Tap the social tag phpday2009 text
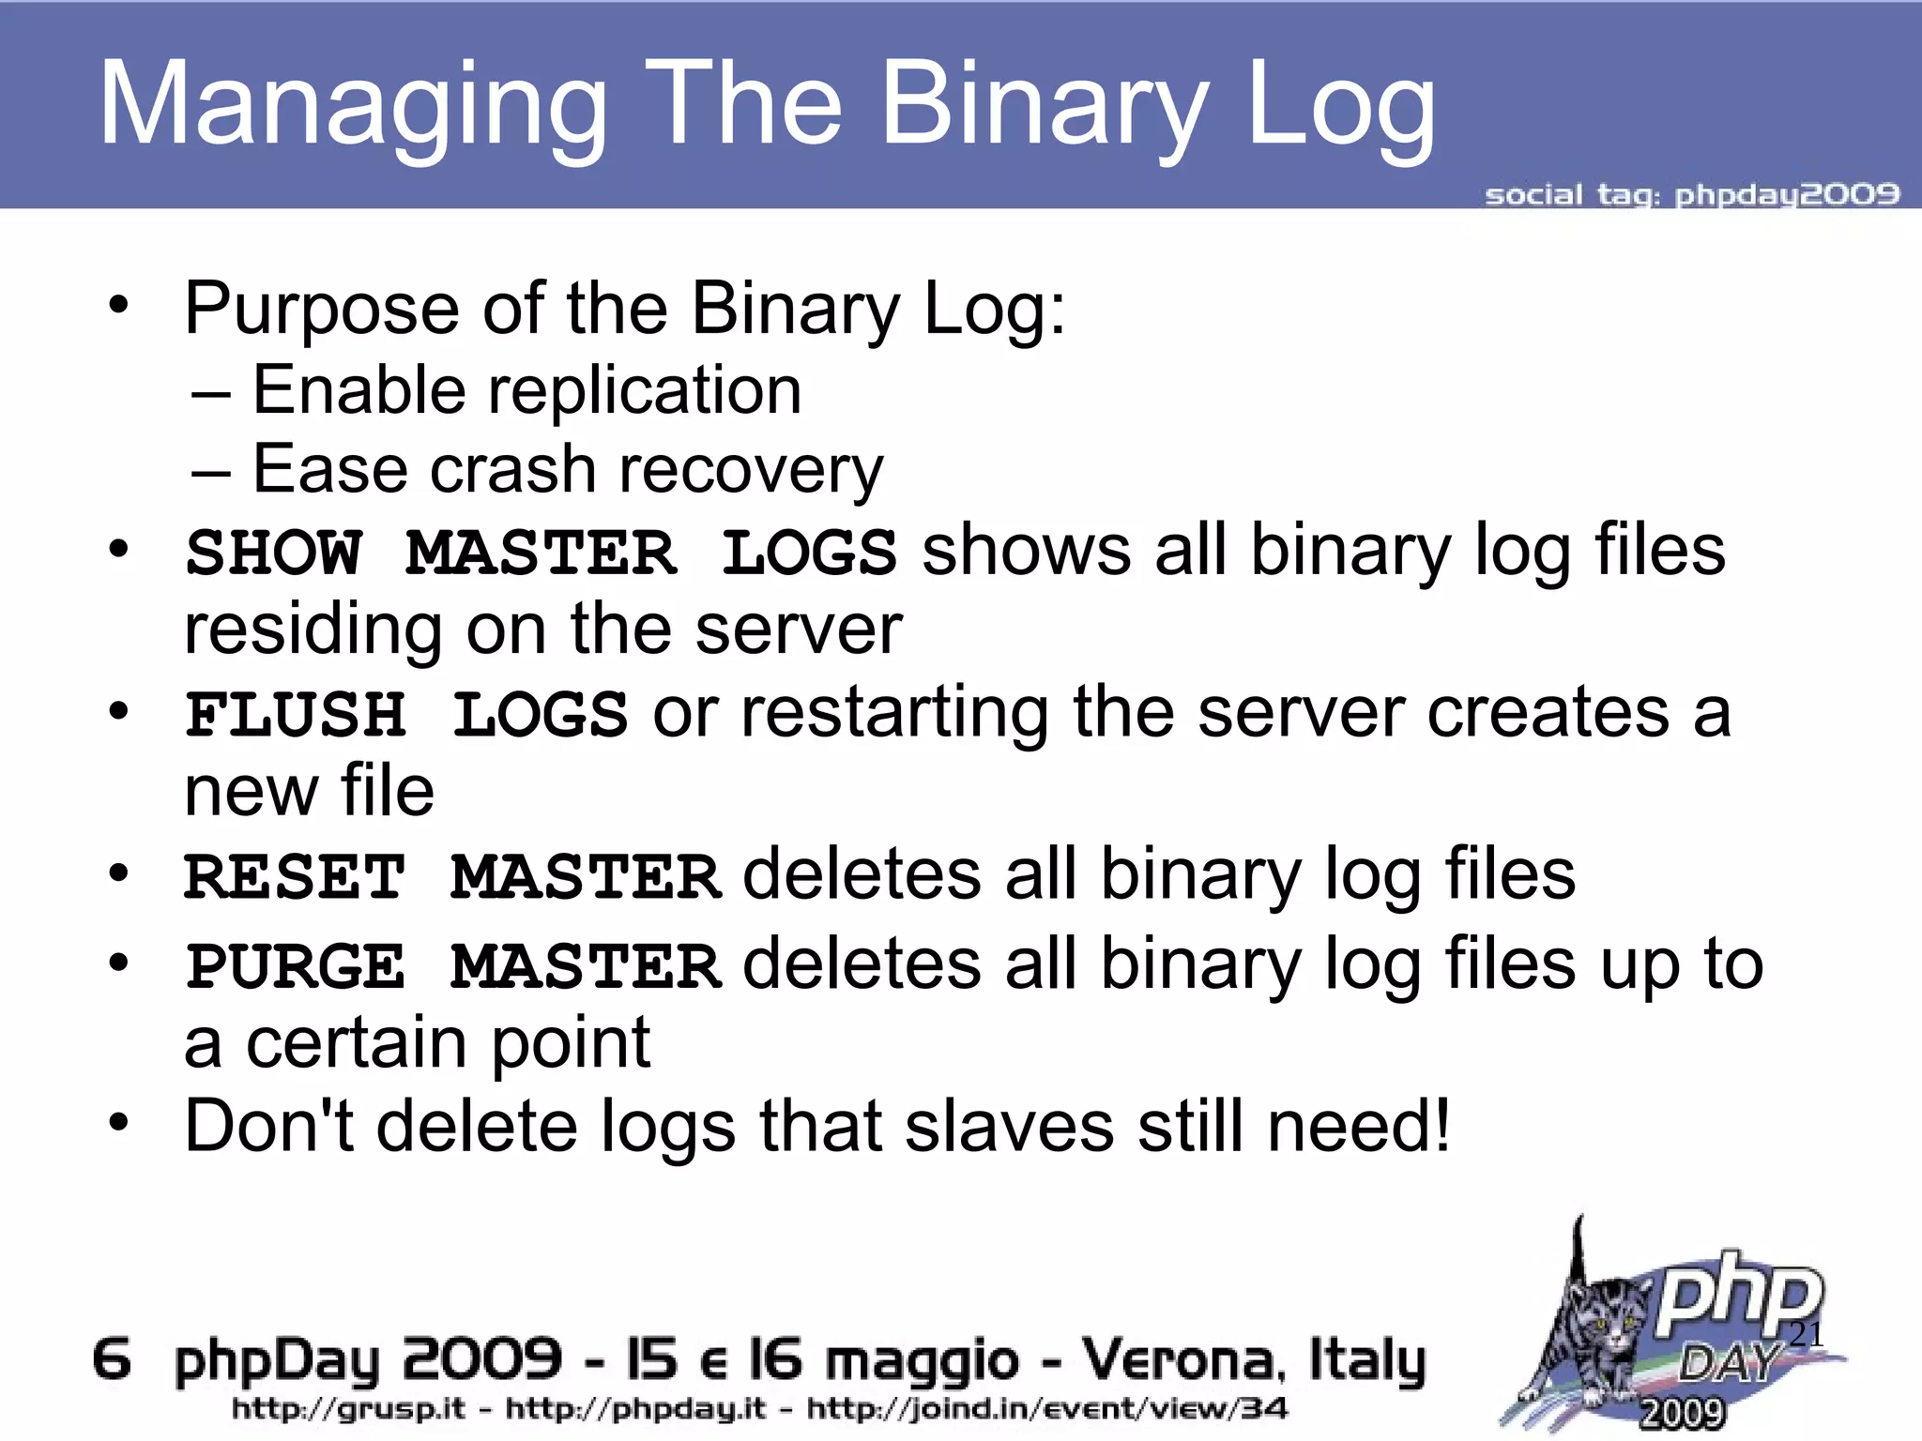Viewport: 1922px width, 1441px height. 1691,195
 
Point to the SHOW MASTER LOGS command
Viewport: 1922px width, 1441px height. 541,553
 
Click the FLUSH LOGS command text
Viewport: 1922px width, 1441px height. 406,715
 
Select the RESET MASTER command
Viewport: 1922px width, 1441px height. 452,878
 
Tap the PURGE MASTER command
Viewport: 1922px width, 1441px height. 452,967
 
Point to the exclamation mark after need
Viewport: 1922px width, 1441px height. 1440,1124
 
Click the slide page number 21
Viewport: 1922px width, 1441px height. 1805,1334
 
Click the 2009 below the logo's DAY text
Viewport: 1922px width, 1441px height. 1682,1413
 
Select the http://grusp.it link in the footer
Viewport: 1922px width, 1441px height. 348,1408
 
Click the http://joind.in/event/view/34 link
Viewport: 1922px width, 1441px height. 1047,1408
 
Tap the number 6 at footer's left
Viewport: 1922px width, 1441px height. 112,1359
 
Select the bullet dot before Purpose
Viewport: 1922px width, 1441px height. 117,304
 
